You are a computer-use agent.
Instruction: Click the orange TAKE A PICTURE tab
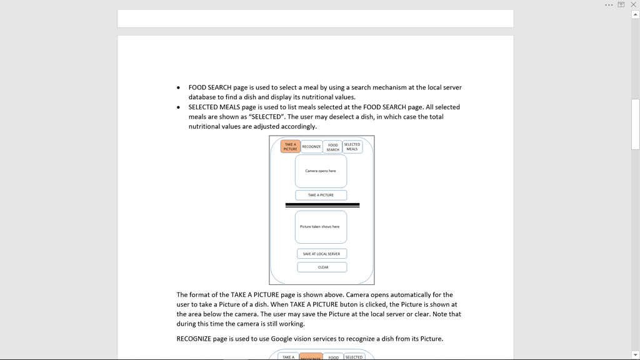tap(290, 146)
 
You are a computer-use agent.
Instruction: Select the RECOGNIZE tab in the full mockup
tap(311, 147)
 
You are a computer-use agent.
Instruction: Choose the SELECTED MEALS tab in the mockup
tap(352, 147)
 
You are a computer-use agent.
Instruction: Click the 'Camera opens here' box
tap(321, 171)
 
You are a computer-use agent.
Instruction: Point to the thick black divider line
tap(322, 205)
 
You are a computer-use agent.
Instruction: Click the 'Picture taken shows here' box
tap(321, 227)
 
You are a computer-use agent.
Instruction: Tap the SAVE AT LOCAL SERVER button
tap(322, 254)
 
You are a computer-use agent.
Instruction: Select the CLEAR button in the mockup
tap(322, 267)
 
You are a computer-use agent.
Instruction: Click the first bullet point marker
tap(179, 88)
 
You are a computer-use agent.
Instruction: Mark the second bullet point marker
tap(179, 107)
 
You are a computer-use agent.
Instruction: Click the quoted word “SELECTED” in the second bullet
tap(266, 117)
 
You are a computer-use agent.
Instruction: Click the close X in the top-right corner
tap(633, 4)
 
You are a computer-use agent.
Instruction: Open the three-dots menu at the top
tap(609, 5)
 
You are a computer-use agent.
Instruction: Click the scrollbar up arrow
tap(635, 14)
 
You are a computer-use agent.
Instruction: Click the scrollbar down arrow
tap(635, 355)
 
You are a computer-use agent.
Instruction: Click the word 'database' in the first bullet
tap(204, 97)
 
